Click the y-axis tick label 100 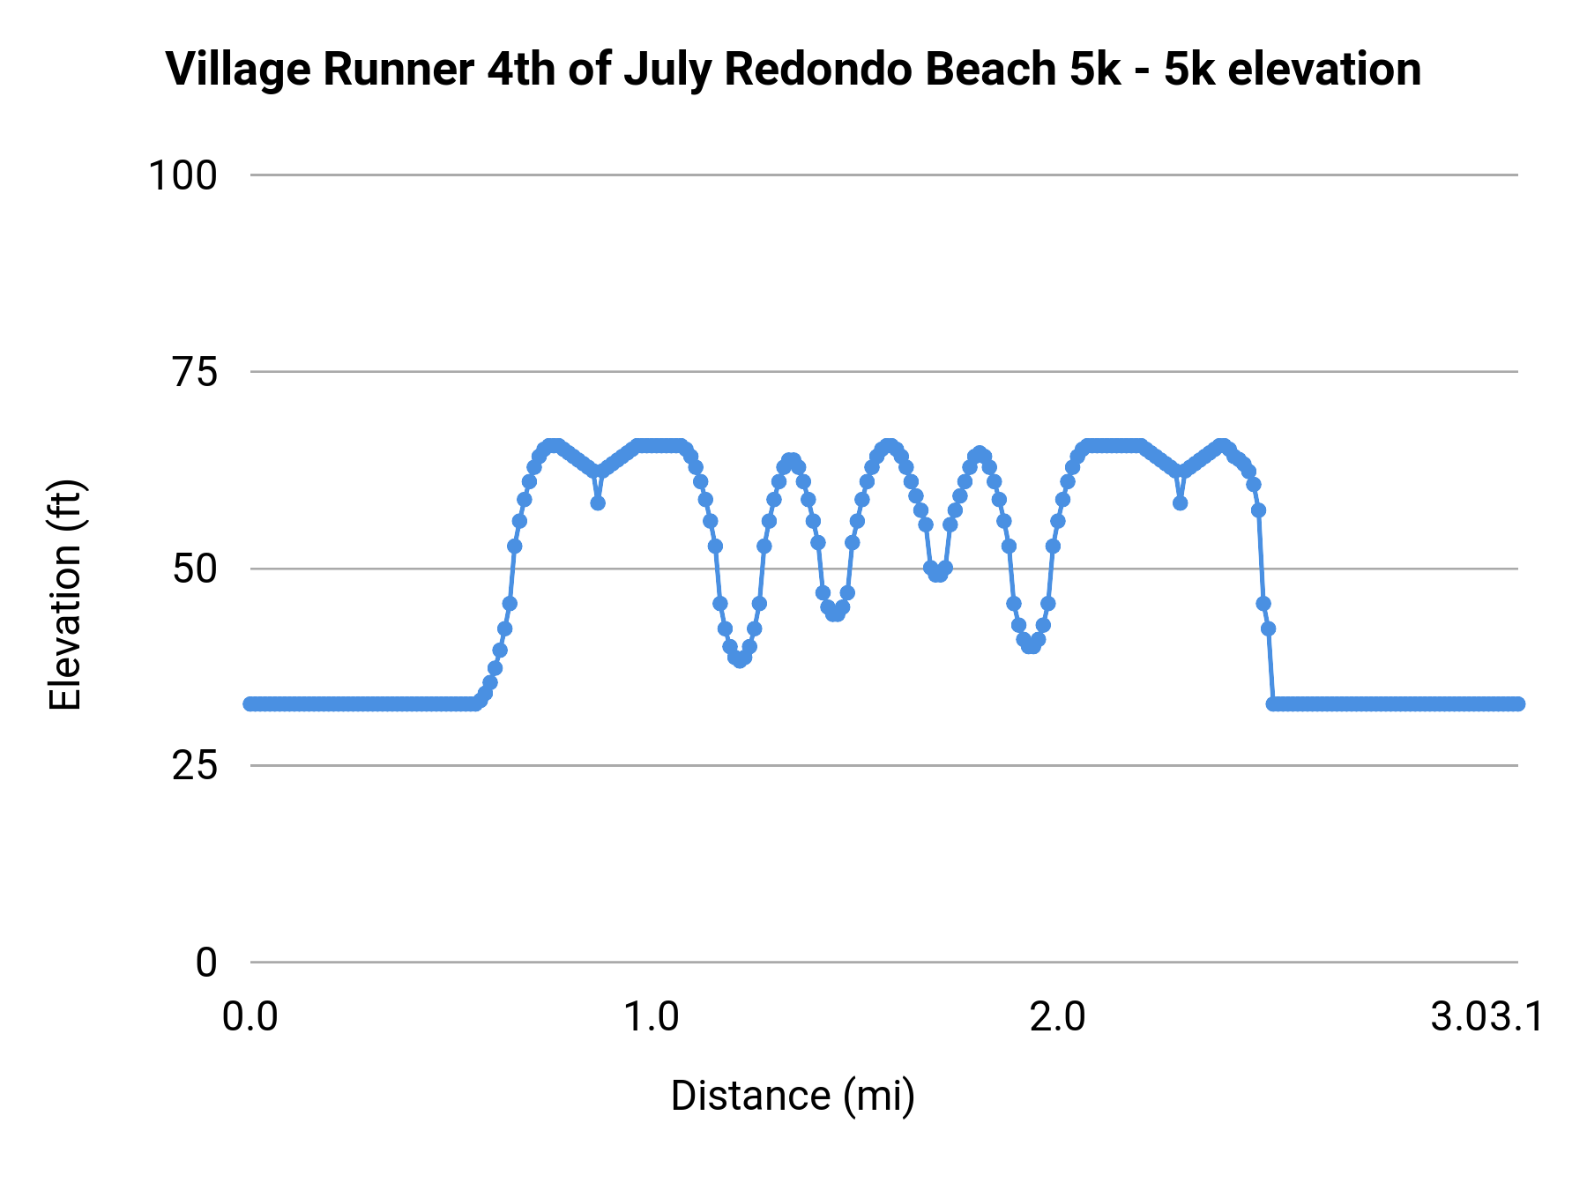pos(183,175)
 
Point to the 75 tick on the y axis pos(195,373)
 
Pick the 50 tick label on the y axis pos(195,569)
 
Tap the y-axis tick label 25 pos(195,766)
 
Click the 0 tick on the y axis pos(206,963)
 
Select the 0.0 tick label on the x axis pos(250,1017)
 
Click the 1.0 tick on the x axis pos(652,1017)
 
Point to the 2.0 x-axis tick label pos(1057,1017)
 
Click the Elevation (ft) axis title pos(65,595)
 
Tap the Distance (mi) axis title pos(793,1096)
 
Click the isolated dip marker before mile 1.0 pos(598,503)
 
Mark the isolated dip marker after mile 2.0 pos(1180,503)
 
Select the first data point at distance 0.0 pos(251,703)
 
